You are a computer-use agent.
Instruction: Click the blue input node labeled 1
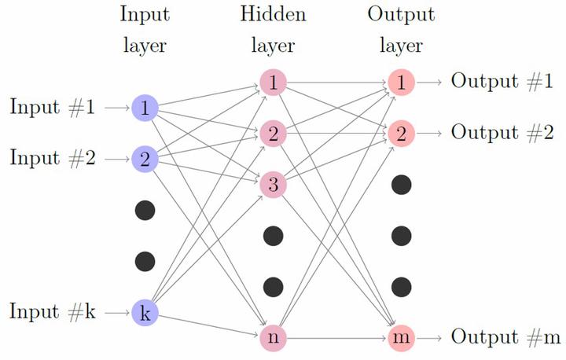145,108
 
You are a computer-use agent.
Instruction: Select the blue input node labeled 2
145,159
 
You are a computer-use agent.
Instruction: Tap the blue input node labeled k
145,312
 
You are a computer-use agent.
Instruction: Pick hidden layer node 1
274,83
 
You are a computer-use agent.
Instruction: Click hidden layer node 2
274,134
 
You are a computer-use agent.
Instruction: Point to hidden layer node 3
274,185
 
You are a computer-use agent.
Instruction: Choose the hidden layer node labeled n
274,338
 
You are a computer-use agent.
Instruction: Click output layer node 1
402,83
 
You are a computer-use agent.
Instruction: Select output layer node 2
402,134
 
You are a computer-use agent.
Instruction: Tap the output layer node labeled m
402,338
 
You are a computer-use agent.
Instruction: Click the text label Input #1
53,107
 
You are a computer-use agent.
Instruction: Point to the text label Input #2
53,158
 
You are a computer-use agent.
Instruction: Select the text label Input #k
53,311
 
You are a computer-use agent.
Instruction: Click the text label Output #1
502,81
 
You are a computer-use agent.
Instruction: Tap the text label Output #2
502,132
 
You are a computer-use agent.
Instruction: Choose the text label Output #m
505,336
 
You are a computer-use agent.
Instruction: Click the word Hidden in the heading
273,14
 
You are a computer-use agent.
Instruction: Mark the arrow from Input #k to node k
117,312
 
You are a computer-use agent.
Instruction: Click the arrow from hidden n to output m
336,338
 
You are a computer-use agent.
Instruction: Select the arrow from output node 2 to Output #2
429,134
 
